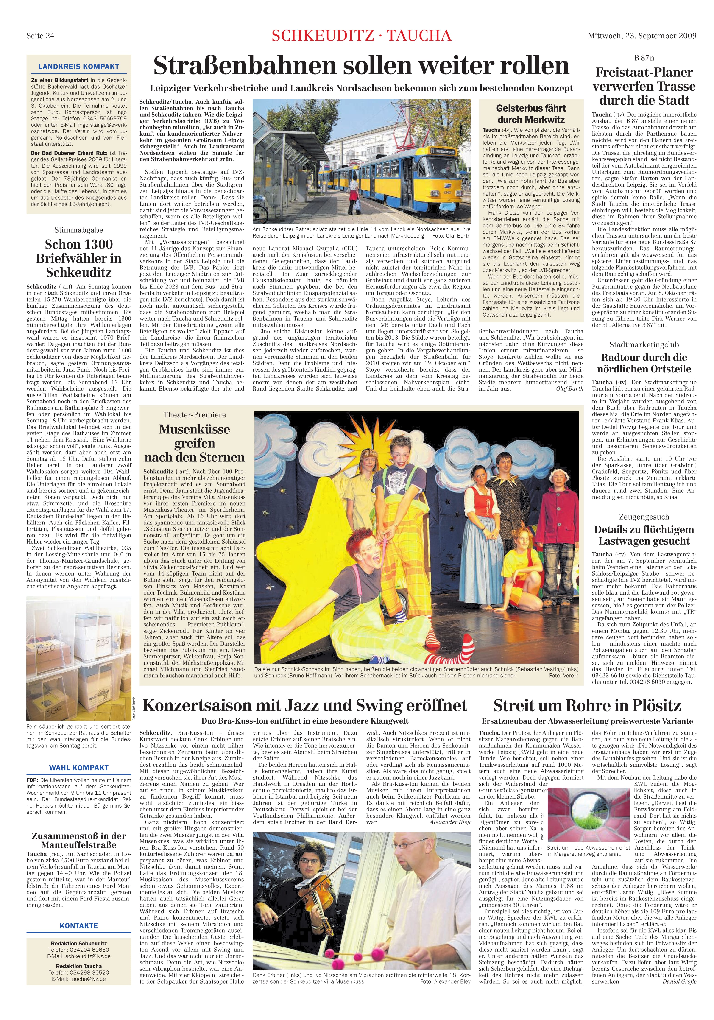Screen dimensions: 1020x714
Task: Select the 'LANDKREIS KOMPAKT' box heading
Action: point(79,67)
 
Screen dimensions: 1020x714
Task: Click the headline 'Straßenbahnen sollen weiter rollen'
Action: point(361,66)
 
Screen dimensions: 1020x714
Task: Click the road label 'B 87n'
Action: point(644,58)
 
